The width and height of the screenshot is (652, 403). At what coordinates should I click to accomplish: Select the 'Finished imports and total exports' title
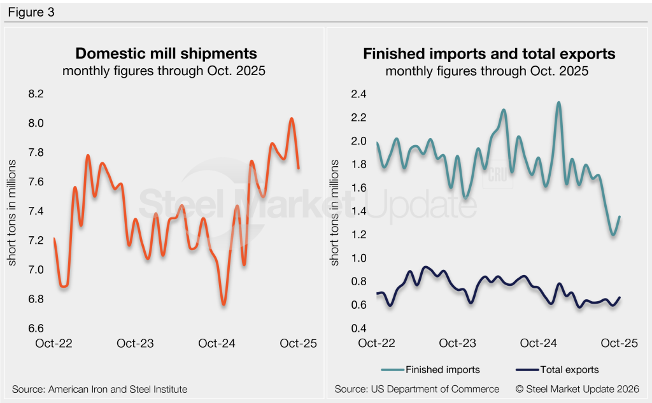[x=489, y=53]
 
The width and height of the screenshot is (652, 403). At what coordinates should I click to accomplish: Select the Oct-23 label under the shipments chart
[x=136, y=343]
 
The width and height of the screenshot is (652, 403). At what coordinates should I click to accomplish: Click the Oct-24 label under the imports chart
[x=539, y=343]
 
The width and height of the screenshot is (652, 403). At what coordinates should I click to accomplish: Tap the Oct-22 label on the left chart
[x=53, y=343]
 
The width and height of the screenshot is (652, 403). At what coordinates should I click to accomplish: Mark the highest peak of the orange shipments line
[x=291, y=118]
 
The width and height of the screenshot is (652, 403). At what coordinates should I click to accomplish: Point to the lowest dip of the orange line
[x=223, y=304]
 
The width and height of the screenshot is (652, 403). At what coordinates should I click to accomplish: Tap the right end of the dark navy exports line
[x=620, y=298]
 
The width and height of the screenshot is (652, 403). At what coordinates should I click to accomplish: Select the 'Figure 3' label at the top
[x=31, y=11]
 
